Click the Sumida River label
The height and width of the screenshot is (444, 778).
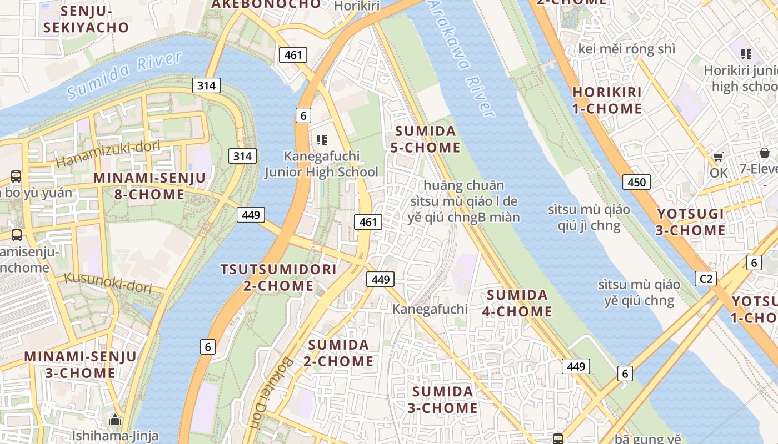coord(125,75)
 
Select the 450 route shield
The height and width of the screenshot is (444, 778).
coord(636,182)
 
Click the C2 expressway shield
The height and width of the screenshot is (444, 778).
coord(705,278)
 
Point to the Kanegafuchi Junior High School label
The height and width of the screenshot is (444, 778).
coord(321,164)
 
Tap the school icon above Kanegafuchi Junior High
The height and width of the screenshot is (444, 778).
coord(321,139)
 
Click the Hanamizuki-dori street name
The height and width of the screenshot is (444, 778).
coord(108,154)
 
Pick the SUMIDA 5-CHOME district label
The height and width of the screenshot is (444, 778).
coord(427,139)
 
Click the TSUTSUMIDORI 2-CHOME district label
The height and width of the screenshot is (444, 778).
coord(278,277)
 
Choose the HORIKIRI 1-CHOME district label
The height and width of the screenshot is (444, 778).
coord(607,100)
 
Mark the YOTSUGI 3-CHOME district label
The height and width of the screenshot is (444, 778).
coord(691,222)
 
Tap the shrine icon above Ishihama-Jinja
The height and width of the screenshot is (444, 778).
coord(115,420)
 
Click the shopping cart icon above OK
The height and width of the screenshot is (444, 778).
coord(718,157)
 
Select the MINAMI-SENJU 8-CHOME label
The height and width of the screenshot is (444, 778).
coord(149,186)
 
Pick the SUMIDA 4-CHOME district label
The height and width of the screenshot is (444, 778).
coord(517,303)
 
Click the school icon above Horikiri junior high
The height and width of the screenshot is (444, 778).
coord(746,54)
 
